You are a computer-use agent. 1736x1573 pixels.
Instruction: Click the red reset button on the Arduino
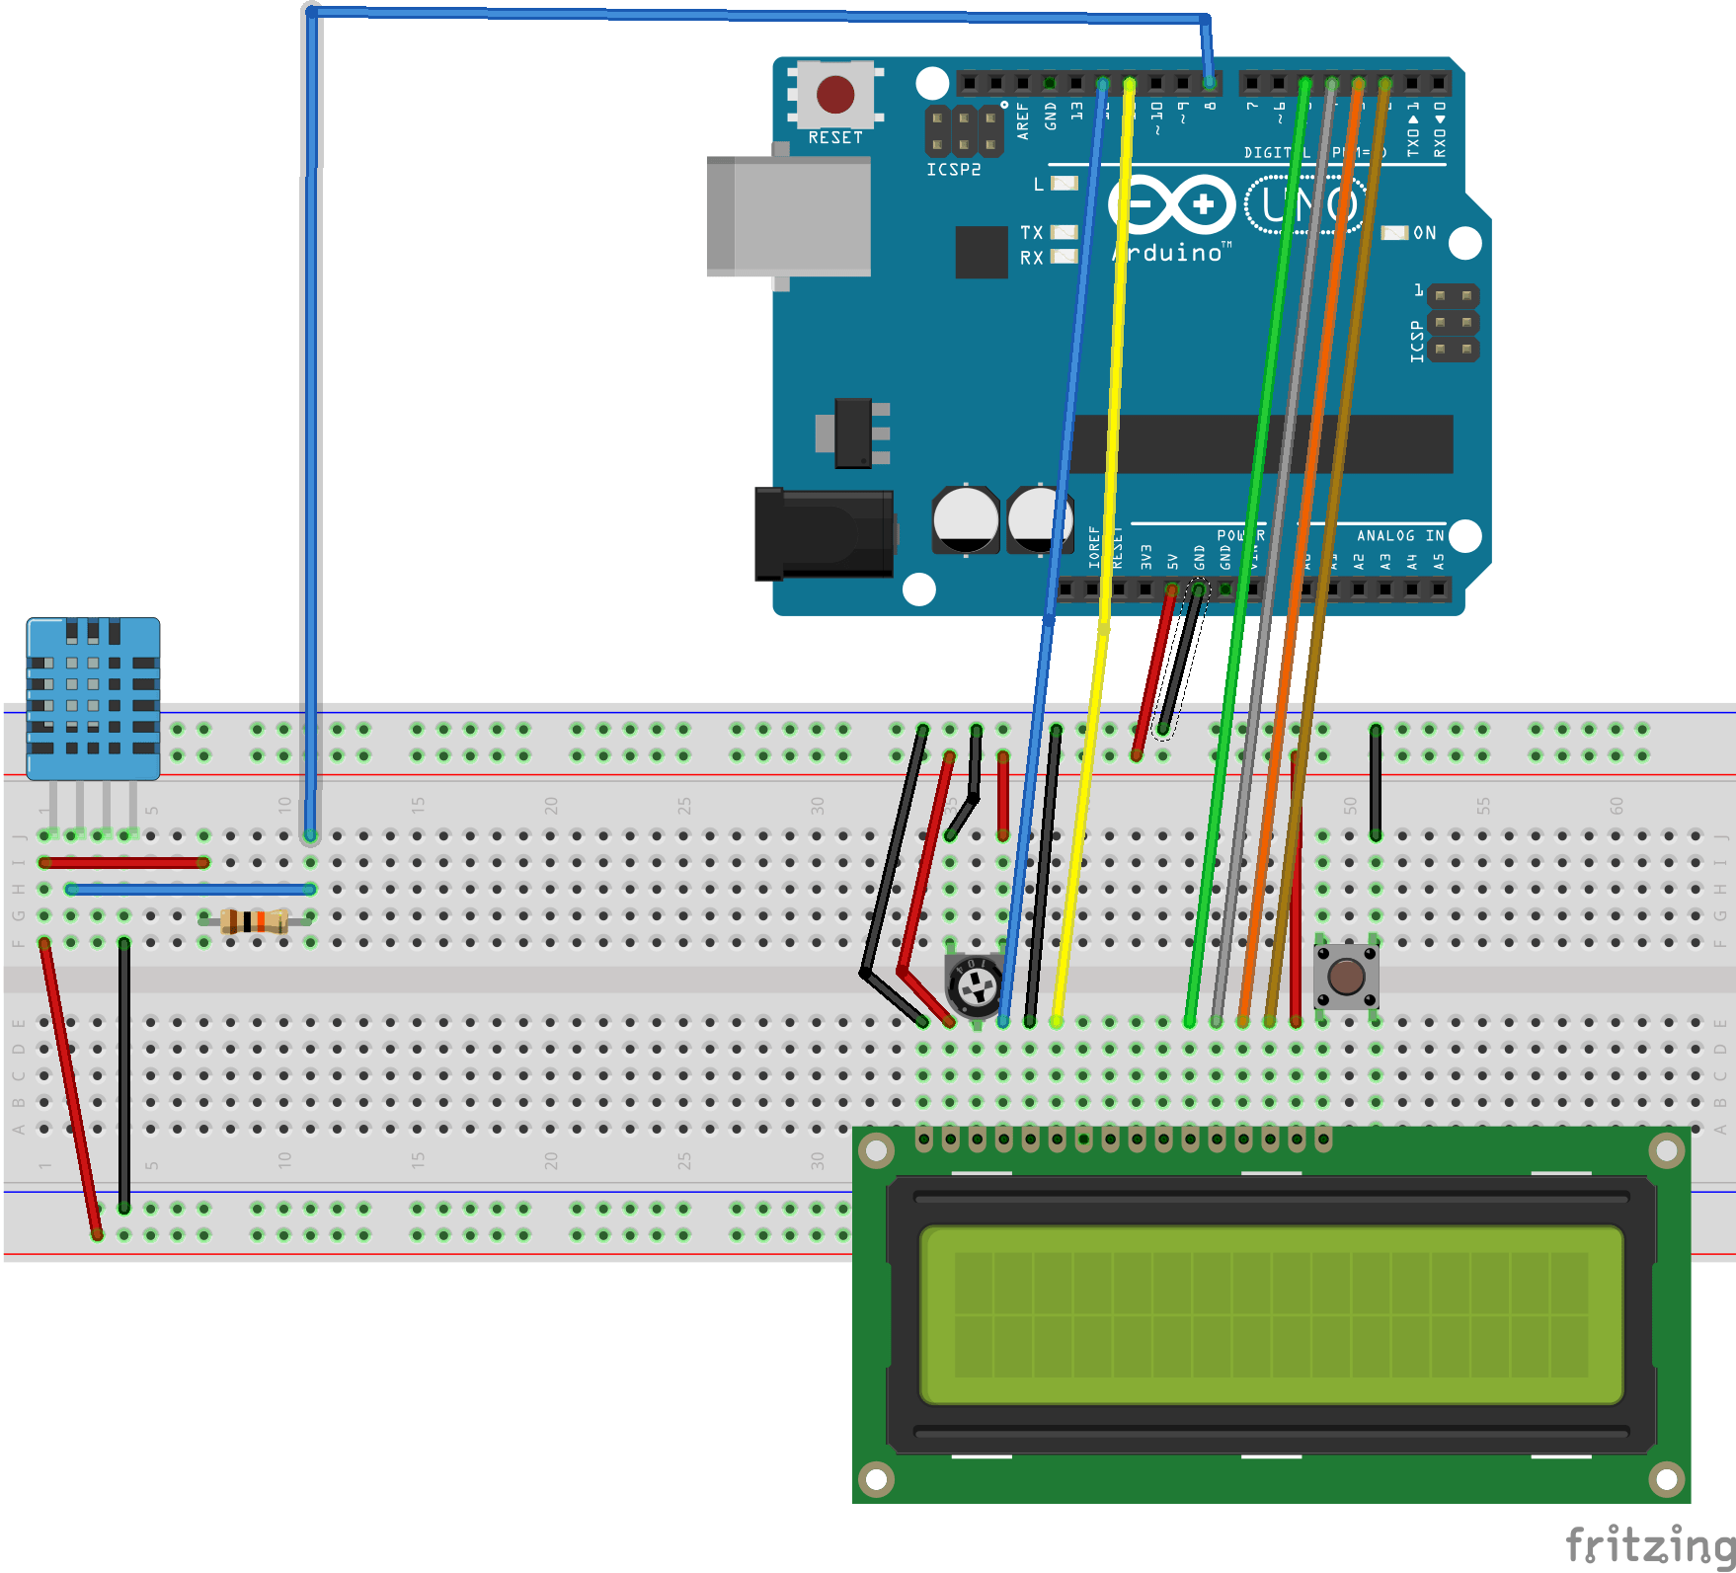[x=835, y=95]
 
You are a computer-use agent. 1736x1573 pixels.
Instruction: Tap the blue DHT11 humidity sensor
[x=93, y=697]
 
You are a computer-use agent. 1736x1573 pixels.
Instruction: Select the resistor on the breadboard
[x=255, y=921]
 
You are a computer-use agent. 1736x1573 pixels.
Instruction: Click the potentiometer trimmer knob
[x=977, y=985]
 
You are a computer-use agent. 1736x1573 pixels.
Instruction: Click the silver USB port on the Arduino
[x=789, y=215]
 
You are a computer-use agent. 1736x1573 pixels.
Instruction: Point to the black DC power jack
[x=824, y=533]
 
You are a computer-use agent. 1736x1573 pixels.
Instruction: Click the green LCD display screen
[x=1271, y=1314]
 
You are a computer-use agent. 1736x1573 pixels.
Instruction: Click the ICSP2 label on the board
[x=953, y=170]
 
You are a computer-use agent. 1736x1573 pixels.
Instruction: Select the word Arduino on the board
[x=1171, y=253]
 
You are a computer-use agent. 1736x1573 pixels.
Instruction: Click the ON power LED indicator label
[x=1424, y=233]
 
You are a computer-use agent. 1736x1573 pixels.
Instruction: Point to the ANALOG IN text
[x=1399, y=535]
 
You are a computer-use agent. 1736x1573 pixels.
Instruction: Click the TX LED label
[x=1031, y=232]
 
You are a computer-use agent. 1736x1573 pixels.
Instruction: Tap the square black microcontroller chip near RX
[x=981, y=252]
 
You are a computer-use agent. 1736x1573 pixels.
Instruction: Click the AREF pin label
[x=1023, y=120]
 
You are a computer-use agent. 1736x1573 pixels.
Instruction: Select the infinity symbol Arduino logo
[x=1171, y=205]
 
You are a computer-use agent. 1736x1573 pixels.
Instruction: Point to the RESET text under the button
[x=834, y=137]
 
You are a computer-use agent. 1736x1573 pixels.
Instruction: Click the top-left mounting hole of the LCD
[x=875, y=1149]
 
